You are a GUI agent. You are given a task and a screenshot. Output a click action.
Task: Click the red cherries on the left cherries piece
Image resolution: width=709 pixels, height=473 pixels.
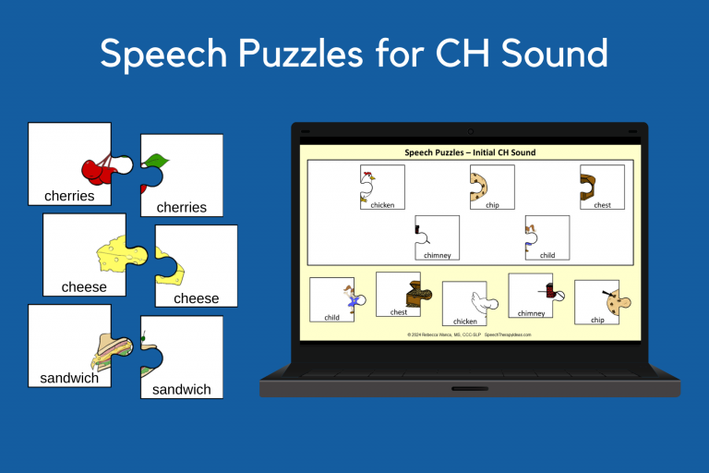point(97,169)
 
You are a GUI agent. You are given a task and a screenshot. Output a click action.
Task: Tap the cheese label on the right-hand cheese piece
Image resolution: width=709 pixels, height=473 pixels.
point(197,298)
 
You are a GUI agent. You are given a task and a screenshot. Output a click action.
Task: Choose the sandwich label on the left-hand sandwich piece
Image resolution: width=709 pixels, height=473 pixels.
point(69,379)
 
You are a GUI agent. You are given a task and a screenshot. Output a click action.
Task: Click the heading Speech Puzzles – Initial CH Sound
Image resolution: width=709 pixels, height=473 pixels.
point(470,152)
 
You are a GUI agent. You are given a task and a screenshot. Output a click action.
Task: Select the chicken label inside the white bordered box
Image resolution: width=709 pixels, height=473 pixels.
point(382,205)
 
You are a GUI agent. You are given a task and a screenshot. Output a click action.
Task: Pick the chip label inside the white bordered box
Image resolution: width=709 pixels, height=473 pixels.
point(492,205)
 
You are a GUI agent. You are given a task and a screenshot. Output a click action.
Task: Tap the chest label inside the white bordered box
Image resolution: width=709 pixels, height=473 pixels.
point(602,205)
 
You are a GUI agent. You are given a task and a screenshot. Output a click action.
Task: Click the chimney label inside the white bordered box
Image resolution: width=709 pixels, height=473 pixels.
point(437,255)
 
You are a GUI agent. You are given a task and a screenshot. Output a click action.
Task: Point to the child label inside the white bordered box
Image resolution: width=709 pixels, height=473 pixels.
point(547,255)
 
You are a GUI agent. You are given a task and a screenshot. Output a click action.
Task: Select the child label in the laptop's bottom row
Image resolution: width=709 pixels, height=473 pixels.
point(331,317)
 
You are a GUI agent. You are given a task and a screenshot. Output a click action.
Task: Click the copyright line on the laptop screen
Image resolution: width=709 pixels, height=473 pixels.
point(469,334)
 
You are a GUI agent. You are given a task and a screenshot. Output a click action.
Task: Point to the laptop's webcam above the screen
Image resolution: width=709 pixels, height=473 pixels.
point(470,131)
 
